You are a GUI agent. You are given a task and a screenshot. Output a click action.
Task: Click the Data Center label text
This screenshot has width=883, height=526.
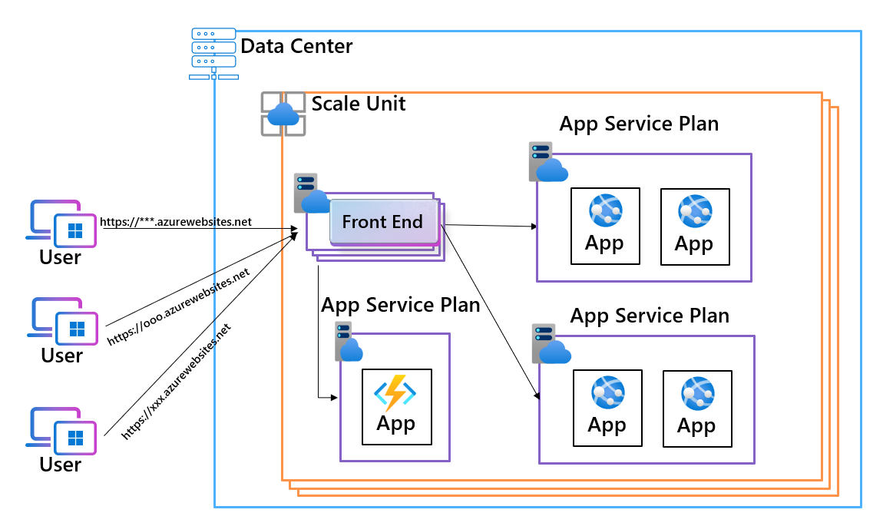click(x=296, y=46)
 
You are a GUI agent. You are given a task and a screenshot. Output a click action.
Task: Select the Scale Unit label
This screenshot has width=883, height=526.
click(x=358, y=103)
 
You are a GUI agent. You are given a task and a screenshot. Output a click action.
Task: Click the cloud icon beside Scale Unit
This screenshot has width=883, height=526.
click(x=283, y=114)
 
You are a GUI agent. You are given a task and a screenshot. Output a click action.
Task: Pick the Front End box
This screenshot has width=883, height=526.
click(x=382, y=223)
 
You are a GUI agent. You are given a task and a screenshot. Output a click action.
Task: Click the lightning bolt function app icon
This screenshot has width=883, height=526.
click(x=395, y=393)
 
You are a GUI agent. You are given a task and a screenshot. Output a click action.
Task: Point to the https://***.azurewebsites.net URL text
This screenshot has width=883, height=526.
click(x=176, y=222)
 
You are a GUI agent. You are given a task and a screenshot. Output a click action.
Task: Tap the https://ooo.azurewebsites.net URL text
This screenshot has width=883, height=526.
click(x=179, y=306)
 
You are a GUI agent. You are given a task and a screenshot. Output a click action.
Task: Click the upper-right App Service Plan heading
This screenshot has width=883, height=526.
click(x=639, y=124)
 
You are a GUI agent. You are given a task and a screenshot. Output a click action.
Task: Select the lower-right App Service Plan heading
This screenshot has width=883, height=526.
click(x=650, y=316)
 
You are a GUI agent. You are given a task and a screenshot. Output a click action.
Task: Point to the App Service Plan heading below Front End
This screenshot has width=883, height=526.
click(x=400, y=305)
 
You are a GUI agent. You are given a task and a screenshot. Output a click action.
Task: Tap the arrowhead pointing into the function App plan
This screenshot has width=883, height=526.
click(x=335, y=398)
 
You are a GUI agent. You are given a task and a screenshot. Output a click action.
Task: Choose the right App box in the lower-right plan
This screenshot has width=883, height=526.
click(x=696, y=409)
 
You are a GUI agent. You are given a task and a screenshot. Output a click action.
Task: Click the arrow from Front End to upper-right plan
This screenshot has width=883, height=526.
click(x=491, y=226)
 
